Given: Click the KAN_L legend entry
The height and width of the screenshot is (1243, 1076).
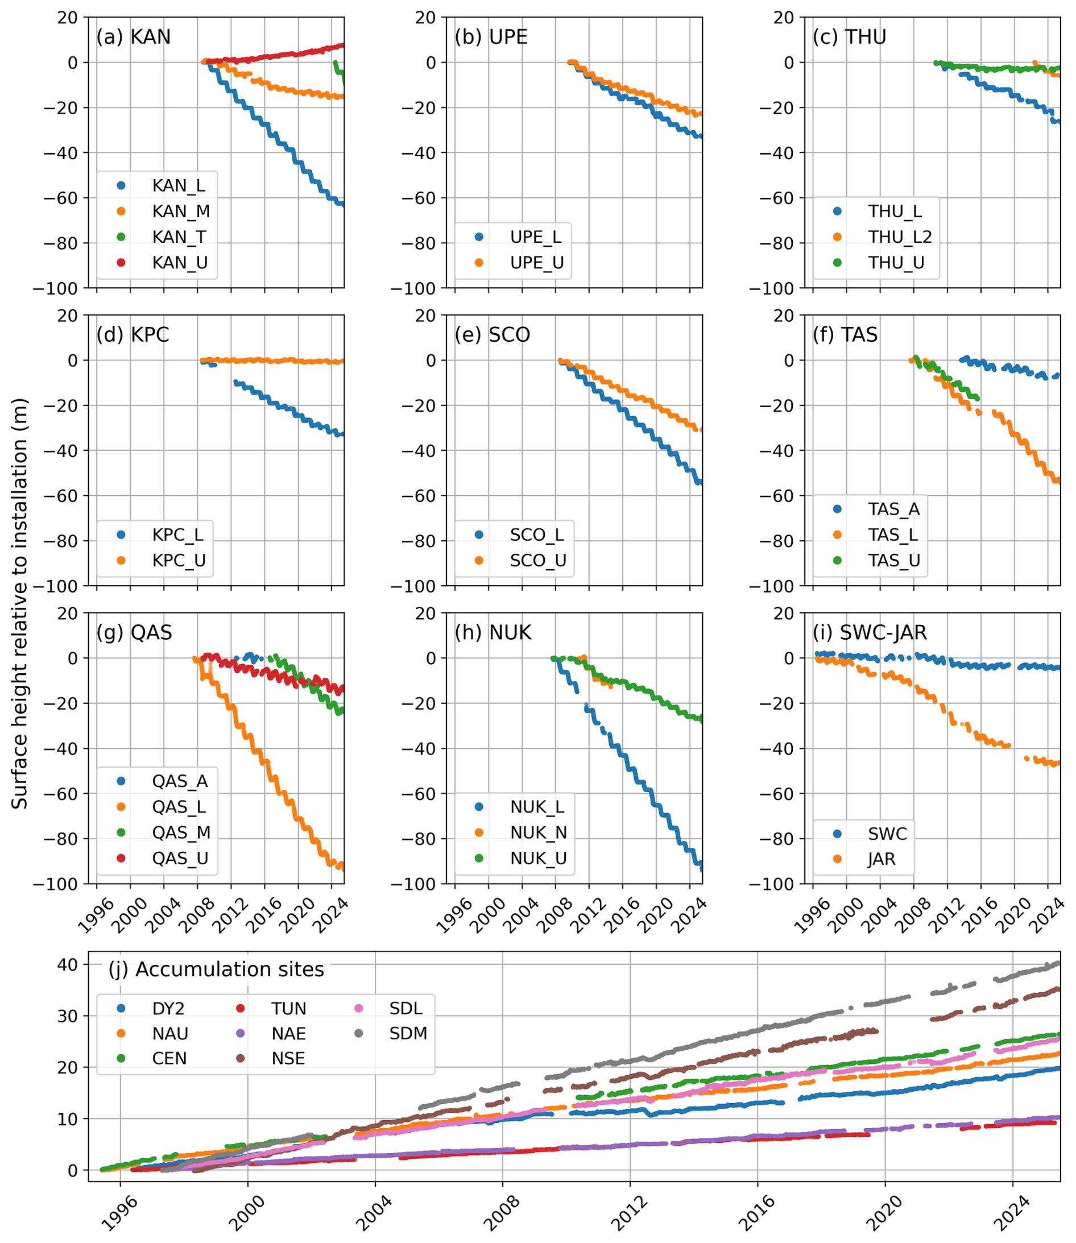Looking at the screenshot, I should point(179,186).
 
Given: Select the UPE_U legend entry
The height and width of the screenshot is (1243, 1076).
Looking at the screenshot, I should point(536,263).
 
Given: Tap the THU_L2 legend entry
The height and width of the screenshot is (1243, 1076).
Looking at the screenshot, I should point(900,237).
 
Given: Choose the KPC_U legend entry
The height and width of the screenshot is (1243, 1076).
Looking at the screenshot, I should point(179,561).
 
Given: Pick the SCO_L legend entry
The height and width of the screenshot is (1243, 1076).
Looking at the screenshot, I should point(536,535).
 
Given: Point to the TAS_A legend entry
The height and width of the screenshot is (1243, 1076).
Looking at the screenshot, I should point(893,509).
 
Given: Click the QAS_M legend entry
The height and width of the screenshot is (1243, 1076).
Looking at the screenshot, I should point(181,832).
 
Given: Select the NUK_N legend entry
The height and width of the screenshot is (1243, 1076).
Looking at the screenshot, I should point(538,832).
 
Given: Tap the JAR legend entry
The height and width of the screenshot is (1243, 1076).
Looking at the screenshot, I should point(881,859).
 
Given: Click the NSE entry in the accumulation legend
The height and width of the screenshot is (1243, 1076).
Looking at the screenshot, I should point(288,1058).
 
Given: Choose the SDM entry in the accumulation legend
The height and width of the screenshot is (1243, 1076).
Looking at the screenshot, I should point(408,1033).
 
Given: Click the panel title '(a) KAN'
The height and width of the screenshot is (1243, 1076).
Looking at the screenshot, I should point(133,37).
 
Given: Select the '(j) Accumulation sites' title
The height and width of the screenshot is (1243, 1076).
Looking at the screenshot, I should point(216,969).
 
